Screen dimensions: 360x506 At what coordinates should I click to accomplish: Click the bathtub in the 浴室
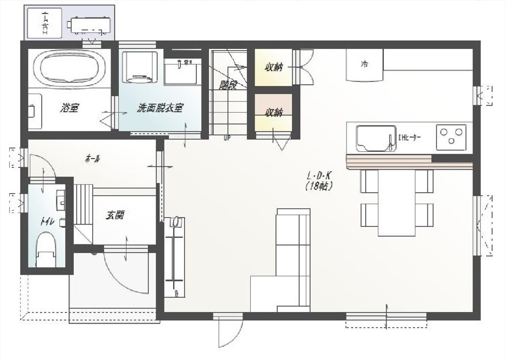(x=70, y=69)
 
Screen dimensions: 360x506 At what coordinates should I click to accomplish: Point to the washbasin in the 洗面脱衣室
(x=182, y=72)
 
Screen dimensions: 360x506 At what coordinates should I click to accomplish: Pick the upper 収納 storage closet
(x=273, y=68)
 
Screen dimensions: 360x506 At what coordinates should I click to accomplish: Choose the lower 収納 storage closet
(x=273, y=113)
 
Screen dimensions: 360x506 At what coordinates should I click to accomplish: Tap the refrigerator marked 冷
(x=364, y=64)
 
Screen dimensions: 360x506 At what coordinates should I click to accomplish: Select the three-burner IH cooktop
(x=451, y=137)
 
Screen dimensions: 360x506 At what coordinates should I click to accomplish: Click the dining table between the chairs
(x=396, y=202)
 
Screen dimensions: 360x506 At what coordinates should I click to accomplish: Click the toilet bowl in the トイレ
(x=46, y=248)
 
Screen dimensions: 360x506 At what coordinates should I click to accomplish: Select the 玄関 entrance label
(x=115, y=215)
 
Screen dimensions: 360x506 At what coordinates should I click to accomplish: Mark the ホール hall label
(x=92, y=159)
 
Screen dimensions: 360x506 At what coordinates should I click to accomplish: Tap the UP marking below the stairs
(x=227, y=138)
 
